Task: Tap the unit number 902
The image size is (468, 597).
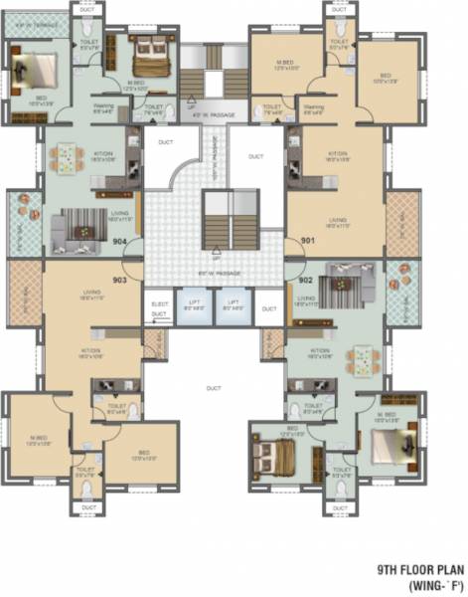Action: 306,280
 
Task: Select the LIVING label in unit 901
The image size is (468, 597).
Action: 338,220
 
